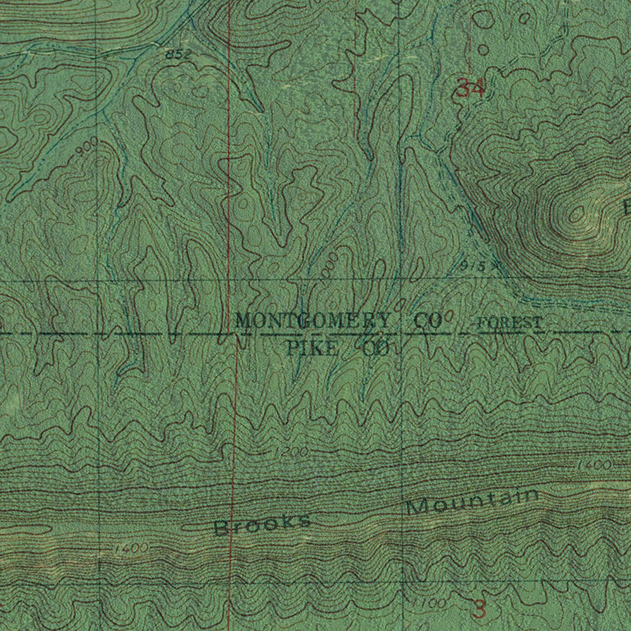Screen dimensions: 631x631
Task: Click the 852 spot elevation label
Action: point(177,55)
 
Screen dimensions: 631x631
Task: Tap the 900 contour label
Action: point(89,147)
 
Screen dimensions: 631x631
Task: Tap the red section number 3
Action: point(479,609)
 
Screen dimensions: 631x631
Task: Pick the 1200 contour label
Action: point(291,453)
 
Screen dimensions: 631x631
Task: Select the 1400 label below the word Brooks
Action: point(131,548)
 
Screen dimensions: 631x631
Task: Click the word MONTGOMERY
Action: point(312,320)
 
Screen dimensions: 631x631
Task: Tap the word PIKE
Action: point(312,350)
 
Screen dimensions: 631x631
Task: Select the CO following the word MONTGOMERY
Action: point(427,320)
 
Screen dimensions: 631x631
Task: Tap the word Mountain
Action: point(473,502)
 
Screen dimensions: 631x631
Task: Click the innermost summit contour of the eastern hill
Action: point(577,214)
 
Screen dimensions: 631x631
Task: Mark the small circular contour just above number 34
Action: point(483,50)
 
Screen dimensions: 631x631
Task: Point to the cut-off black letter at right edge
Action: point(627,208)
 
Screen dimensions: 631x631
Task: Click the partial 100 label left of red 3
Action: point(435,605)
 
